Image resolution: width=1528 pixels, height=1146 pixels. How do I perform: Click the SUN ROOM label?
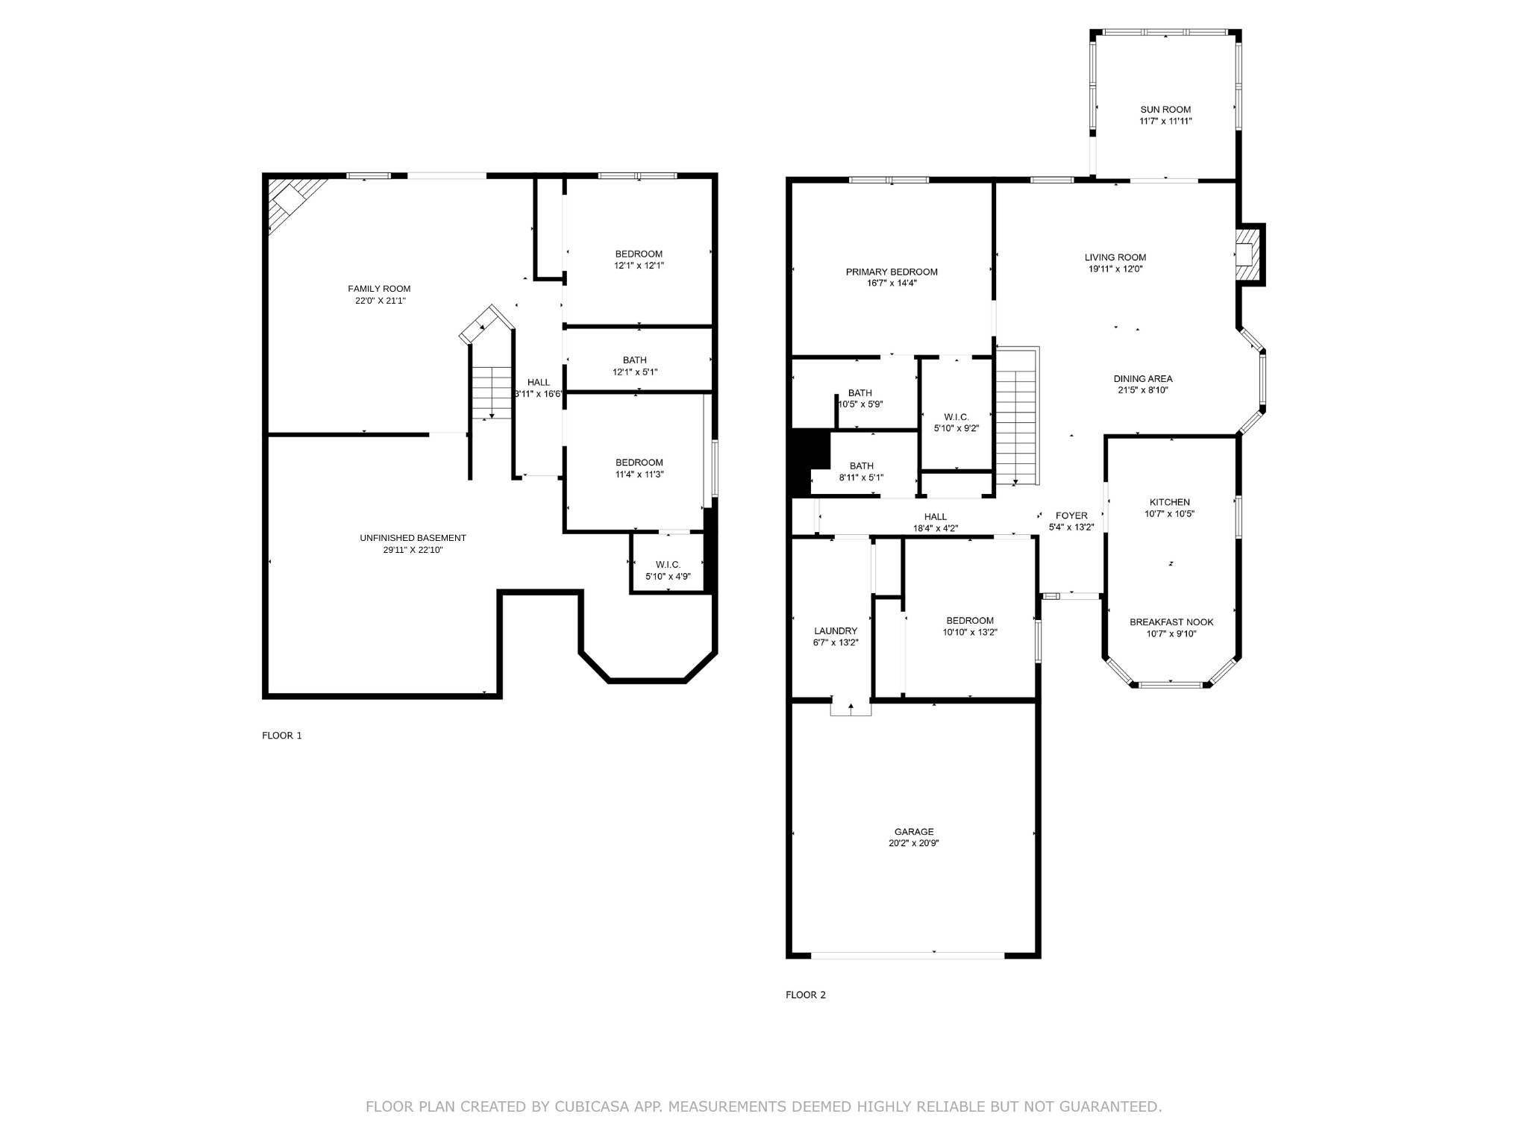coord(1165,110)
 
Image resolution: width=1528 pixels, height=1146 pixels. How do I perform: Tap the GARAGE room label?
coord(914,831)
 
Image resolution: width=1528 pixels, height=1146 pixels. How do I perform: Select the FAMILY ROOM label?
coord(379,289)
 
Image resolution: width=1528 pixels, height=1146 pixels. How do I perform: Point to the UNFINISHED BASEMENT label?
coord(413,538)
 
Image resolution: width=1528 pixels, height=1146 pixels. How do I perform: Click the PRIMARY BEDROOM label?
coord(892,272)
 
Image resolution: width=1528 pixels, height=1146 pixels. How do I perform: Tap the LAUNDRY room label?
coord(836,631)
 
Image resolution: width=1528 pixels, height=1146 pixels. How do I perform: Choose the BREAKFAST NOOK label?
coord(1171,622)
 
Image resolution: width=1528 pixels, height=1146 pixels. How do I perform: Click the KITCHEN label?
coord(1169,502)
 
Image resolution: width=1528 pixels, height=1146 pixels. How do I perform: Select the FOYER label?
coord(1071,516)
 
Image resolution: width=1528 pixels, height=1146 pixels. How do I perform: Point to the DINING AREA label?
coord(1143,379)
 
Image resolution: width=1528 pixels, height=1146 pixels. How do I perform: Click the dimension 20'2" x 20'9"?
coord(914,843)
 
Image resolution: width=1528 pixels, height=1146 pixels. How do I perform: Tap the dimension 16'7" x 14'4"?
coord(892,284)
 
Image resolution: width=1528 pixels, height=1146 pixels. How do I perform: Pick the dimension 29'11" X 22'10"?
coord(413,550)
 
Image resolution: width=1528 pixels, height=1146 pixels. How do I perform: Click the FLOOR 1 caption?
coord(282,736)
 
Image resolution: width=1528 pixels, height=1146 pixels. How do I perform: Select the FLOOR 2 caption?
coord(806,995)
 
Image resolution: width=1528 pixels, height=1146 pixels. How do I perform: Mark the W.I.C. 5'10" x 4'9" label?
coord(668,571)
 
